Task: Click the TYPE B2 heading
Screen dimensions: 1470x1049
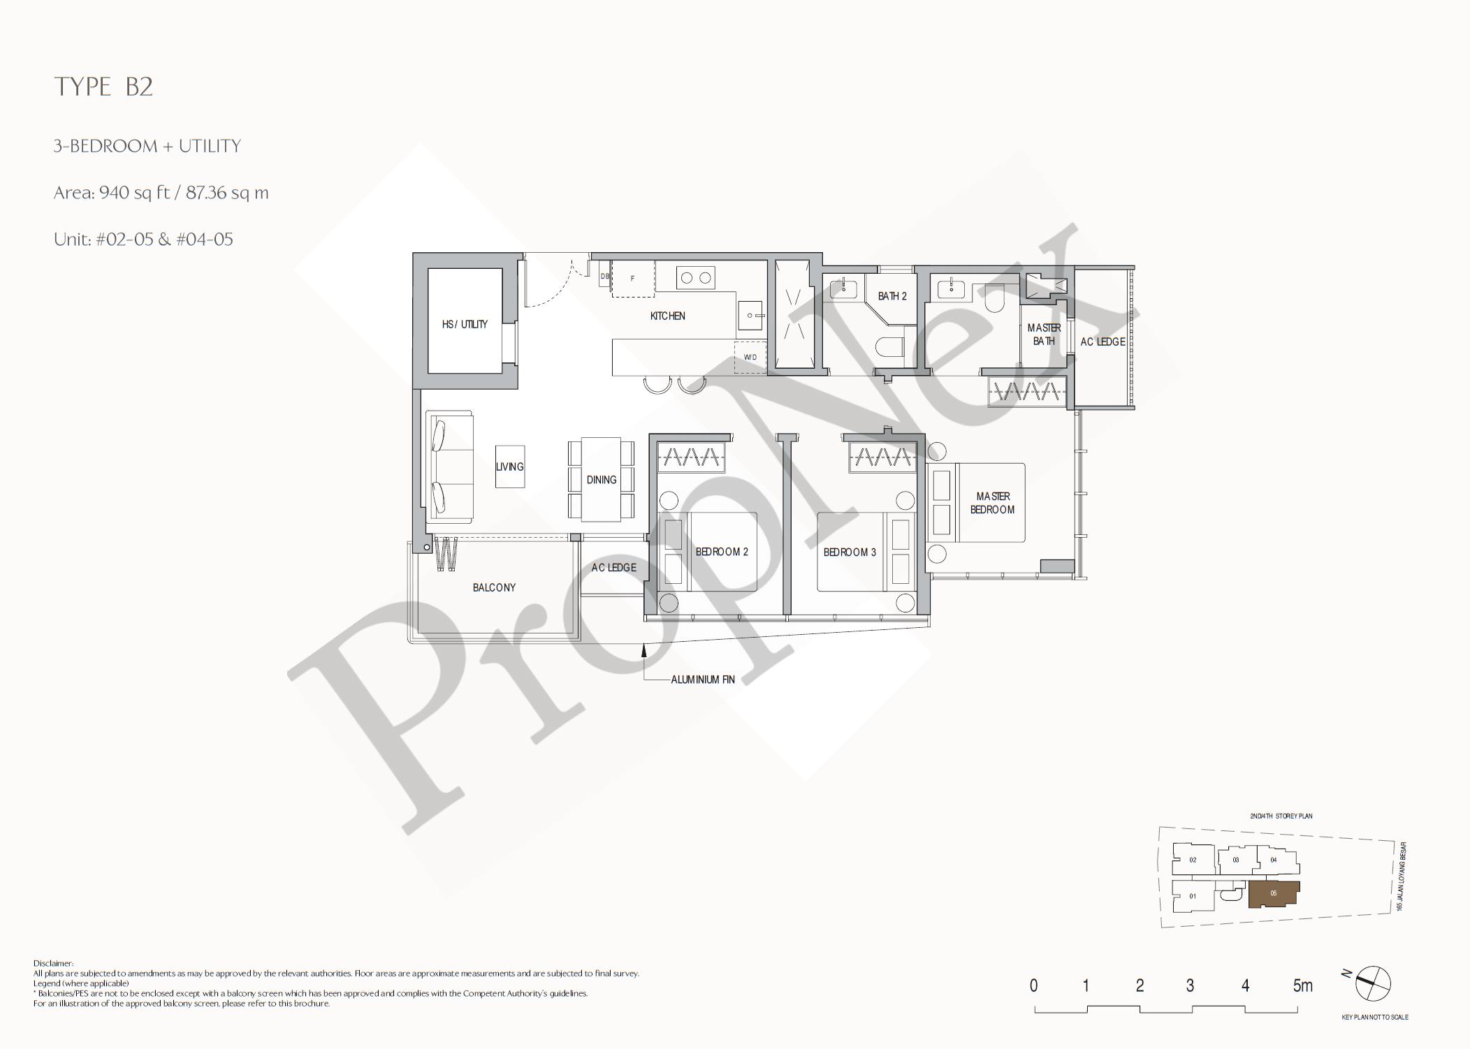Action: (x=103, y=87)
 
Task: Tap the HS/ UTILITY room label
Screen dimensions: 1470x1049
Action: (x=465, y=324)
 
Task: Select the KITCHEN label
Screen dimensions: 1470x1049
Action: (x=667, y=316)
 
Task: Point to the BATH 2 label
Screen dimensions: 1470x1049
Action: (x=892, y=296)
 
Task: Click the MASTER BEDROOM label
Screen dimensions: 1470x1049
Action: (x=993, y=503)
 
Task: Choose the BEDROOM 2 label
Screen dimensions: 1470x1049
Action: (x=722, y=552)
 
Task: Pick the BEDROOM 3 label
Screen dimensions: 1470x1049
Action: (x=850, y=552)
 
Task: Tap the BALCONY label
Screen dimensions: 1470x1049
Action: (x=494, y=587)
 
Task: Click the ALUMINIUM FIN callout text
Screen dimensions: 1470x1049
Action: (x=702, y=679)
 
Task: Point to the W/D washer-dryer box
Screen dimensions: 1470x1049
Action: (x=750, y=357)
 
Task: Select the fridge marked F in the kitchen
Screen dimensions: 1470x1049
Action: (x=633, y=279)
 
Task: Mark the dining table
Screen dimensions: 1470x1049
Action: (x=602, y=479)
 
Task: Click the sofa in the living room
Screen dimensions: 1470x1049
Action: (x=450, y=467)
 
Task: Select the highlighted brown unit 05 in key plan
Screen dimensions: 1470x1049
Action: (x=1274, y=894)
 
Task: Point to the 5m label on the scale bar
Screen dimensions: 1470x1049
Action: (x=1302, y=985)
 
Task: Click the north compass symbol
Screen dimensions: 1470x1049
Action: (x=1372, y=983)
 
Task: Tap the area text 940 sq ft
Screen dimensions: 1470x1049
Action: (x=134, y=193)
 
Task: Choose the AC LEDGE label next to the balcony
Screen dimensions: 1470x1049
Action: (x=613, y=568)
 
